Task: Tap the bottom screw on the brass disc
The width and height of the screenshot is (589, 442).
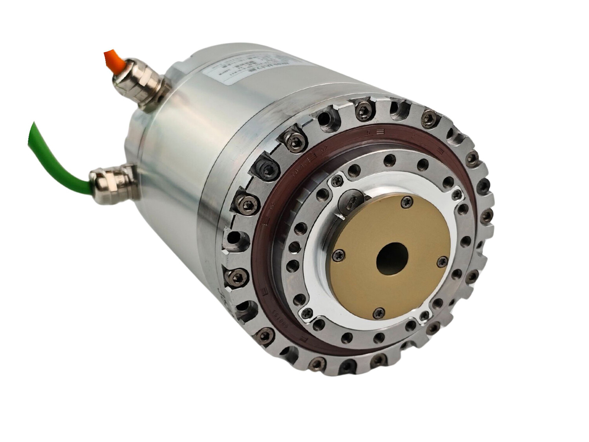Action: point(378,312)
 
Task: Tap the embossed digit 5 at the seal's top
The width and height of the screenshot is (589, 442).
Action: point(369,132)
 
